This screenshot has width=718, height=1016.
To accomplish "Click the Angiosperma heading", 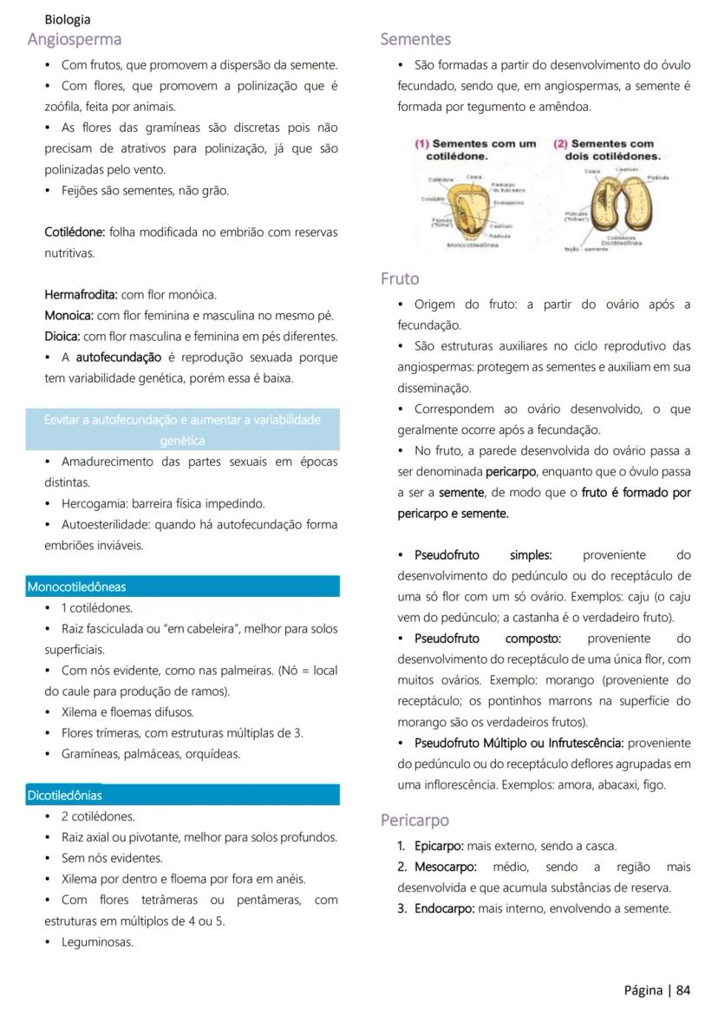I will pos(75,39).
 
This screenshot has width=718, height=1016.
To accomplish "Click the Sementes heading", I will pos(415,39).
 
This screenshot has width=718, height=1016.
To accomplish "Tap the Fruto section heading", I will pos(400,279).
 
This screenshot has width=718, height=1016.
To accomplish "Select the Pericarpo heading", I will pos(414,820).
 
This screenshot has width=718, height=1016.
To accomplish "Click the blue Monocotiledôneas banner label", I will pos(76,587).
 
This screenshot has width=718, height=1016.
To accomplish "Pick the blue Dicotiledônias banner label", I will pos(64,795).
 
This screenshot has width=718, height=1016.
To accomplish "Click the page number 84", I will pos(683,990).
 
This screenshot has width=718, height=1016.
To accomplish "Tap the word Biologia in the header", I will pos(68,19).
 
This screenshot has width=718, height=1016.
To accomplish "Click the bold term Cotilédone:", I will pos(75,233).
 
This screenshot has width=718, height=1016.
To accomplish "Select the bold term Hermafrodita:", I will pos(81,295).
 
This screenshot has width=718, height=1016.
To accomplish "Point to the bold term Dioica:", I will pos(63,337).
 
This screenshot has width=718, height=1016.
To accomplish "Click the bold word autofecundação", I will pos(119,357).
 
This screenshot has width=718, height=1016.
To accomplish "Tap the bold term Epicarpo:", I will pos(439,846).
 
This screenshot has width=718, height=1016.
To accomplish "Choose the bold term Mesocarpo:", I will pos(445,867).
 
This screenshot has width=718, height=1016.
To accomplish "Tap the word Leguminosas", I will pos(97,941).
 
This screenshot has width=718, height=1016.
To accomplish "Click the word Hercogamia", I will pos(95,503).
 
